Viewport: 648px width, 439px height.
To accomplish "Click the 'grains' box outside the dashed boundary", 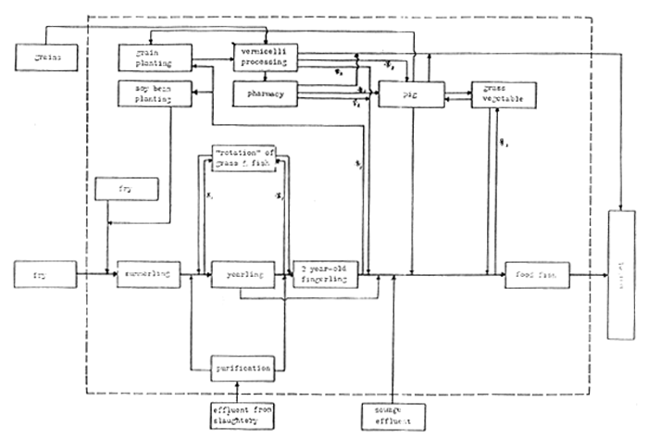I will click(44, 60).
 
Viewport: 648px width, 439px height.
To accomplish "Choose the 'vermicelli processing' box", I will click(264, 56).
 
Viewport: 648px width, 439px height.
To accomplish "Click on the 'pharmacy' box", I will click(264, 94).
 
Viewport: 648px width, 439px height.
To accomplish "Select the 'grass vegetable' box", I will click(505, 94).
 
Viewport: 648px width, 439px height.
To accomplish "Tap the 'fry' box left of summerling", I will click(44, 274).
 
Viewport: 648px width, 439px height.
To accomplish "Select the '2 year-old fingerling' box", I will click(326, 275).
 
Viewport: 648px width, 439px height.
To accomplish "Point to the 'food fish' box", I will click(536, 275).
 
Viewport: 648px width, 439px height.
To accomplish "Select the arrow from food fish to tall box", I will click(588, 275).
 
